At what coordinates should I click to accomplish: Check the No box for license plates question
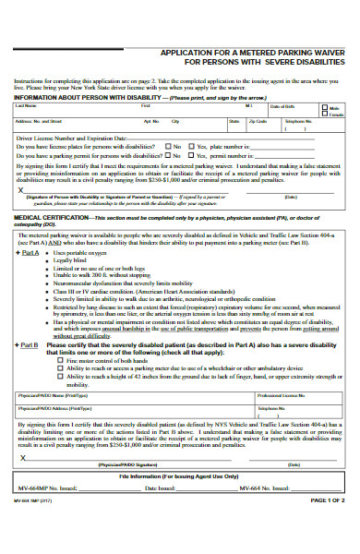point(167,146)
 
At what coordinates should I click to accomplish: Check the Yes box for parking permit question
point(191,154)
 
